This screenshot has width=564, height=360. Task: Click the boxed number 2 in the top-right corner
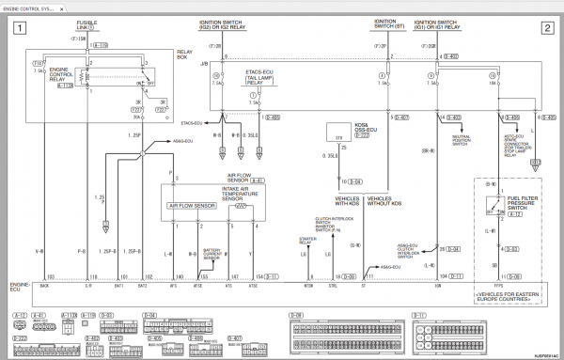pyautogui.click(x=547, y=28)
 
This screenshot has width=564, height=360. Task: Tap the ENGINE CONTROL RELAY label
pyautogui.click(x=60, y=74)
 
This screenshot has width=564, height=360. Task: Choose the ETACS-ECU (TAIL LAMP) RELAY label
pyautogui.click(x=257, y=77)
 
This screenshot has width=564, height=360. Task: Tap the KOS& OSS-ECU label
pyautogui.click(x=337, y=128)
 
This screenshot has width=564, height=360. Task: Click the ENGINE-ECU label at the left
pyautogui.click(x=20, y=285)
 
